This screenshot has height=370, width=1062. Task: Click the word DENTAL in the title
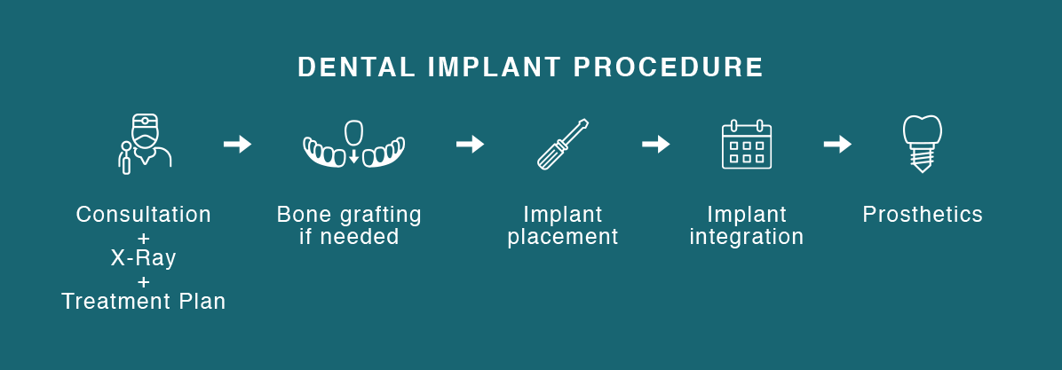coord(356,67)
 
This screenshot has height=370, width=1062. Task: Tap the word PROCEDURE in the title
coord(669,67)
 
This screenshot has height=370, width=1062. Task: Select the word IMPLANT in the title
coord(495,67)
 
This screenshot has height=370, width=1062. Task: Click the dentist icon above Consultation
coord(144,144)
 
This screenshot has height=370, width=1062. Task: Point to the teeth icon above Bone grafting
coord(353,144)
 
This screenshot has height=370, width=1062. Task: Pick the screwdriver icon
coord(563,144)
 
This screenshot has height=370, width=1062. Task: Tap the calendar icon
coord(747,144)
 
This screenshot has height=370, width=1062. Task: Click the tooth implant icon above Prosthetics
coord(922,144)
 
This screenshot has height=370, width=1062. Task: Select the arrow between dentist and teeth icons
coord(238,144)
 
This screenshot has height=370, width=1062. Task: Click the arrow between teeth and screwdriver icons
coord(470,144)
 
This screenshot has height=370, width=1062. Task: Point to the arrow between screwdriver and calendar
coord(655,144)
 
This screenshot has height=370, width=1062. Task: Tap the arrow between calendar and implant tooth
coord(837,144)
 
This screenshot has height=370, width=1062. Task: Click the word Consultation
coord(144,215)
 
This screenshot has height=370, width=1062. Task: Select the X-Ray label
coord(144,257)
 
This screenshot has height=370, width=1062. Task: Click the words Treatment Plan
coord(144,302)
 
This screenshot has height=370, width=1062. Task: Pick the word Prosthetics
coord(923,215)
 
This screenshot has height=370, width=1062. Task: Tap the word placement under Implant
coord(563,237)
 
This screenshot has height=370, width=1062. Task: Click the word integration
coord(747,237)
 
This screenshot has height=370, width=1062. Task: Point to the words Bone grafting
coord(349,215)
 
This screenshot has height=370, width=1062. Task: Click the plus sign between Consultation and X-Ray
coord(144,238)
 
